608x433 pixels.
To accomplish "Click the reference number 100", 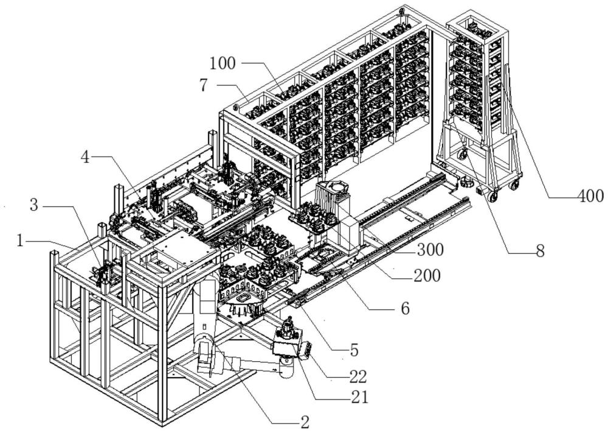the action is tap(223, 63).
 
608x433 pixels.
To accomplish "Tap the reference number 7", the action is tap(204, 85).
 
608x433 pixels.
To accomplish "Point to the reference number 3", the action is tap(34, 205).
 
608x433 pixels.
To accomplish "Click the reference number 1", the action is tap(20, 242).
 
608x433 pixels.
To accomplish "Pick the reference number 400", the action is tap(591, 196).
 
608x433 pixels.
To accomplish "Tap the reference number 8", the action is tap(540, 251).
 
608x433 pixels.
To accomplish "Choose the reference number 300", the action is tap(430, 250).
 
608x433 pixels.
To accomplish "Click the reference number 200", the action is tap(427, 276).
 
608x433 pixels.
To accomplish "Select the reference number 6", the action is tap(405, 308).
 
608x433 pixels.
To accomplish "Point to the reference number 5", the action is tap(354, 350).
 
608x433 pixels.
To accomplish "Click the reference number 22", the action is tap(358, 376).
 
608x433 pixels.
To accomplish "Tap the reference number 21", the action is tap(359, 397).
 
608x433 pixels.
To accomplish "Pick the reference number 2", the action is tap(305, 422).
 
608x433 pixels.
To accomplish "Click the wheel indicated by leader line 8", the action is tap(462, 155).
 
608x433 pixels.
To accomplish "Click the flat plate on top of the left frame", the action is tap(185, 250).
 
